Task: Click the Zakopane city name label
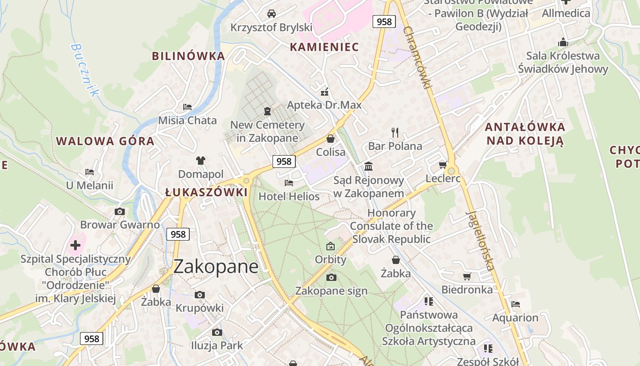pos(216,266)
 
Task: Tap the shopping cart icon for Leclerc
pos(442,165)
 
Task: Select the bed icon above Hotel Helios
pos(289,183)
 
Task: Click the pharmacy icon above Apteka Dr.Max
pos(325,92)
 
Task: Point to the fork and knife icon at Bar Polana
pos(395,133)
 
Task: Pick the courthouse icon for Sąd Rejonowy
pos(368,166)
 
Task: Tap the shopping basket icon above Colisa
pos(331,139)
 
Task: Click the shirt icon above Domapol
pos(201,160)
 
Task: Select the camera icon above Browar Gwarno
pos(120,211)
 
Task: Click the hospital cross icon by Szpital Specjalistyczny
pos(75,245)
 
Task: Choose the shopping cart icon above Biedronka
pos(467,276)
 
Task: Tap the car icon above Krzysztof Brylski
pos(272,13)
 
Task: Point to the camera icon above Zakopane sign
pos(331,277)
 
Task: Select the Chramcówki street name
pos(418,57)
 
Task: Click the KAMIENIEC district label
pos(325,47)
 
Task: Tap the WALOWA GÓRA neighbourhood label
pos(105,141)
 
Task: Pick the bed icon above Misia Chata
pos(187,107)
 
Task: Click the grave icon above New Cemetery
pos(267,111)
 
